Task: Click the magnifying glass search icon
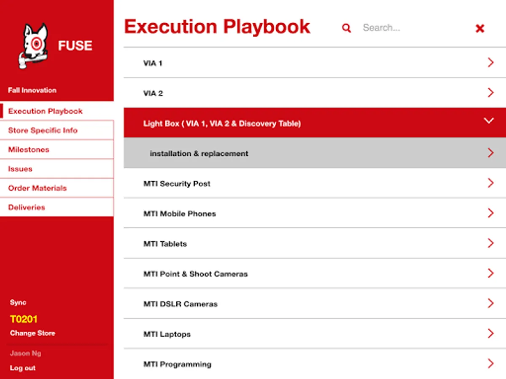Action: point(346,28)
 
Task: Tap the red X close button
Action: point(480,28)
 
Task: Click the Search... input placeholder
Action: point(382,28)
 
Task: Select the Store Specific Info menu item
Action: point(43,131)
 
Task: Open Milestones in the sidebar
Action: point(29,149)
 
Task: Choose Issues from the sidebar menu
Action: point(20,169)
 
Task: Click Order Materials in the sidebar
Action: point(38,188)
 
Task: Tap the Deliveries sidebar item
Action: point(27,207)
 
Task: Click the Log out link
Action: point(23,368)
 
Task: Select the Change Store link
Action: point(32,333)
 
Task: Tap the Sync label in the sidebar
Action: point(18,302)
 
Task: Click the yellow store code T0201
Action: point(24,319)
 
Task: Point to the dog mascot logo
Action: point(33,45)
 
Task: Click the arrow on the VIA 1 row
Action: point(490,62)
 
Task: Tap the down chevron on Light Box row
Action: point(488,120)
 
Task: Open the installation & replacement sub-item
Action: point(199,153)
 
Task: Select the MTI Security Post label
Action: point(177,184)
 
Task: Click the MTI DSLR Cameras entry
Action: point(180,304)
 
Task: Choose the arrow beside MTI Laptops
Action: point(490,334)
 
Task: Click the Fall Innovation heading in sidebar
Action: point(32,90)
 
